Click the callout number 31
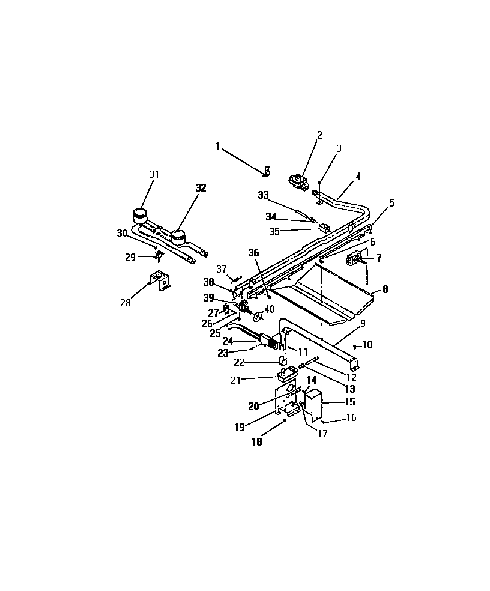pyautogui.click(x=155, y=174)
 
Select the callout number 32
pyautogui.click(x=200, y=187)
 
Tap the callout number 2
pyautogui.click(x=319, y=135)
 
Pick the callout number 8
pyautogui.click(x=385, y=289)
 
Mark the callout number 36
pyautogui.click(x=253, y=253)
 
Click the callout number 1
pyautogui.click(x=217, y=145)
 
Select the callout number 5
pyautogui.click(x=392, y=203)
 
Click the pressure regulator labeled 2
pyautogui.click(x=298, y=181)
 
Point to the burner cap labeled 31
pyautogui.click(x=139, y=214)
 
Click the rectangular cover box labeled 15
pyautogui.click(x=314, y=404)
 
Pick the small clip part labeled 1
pyautogui.click(x=267, y=173)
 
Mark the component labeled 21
pyautogui.click(x=287, y=374)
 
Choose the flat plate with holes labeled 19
pyautogui.click(x=287, y=399)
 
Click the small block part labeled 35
pyautogui.click(x=324, y=228)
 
